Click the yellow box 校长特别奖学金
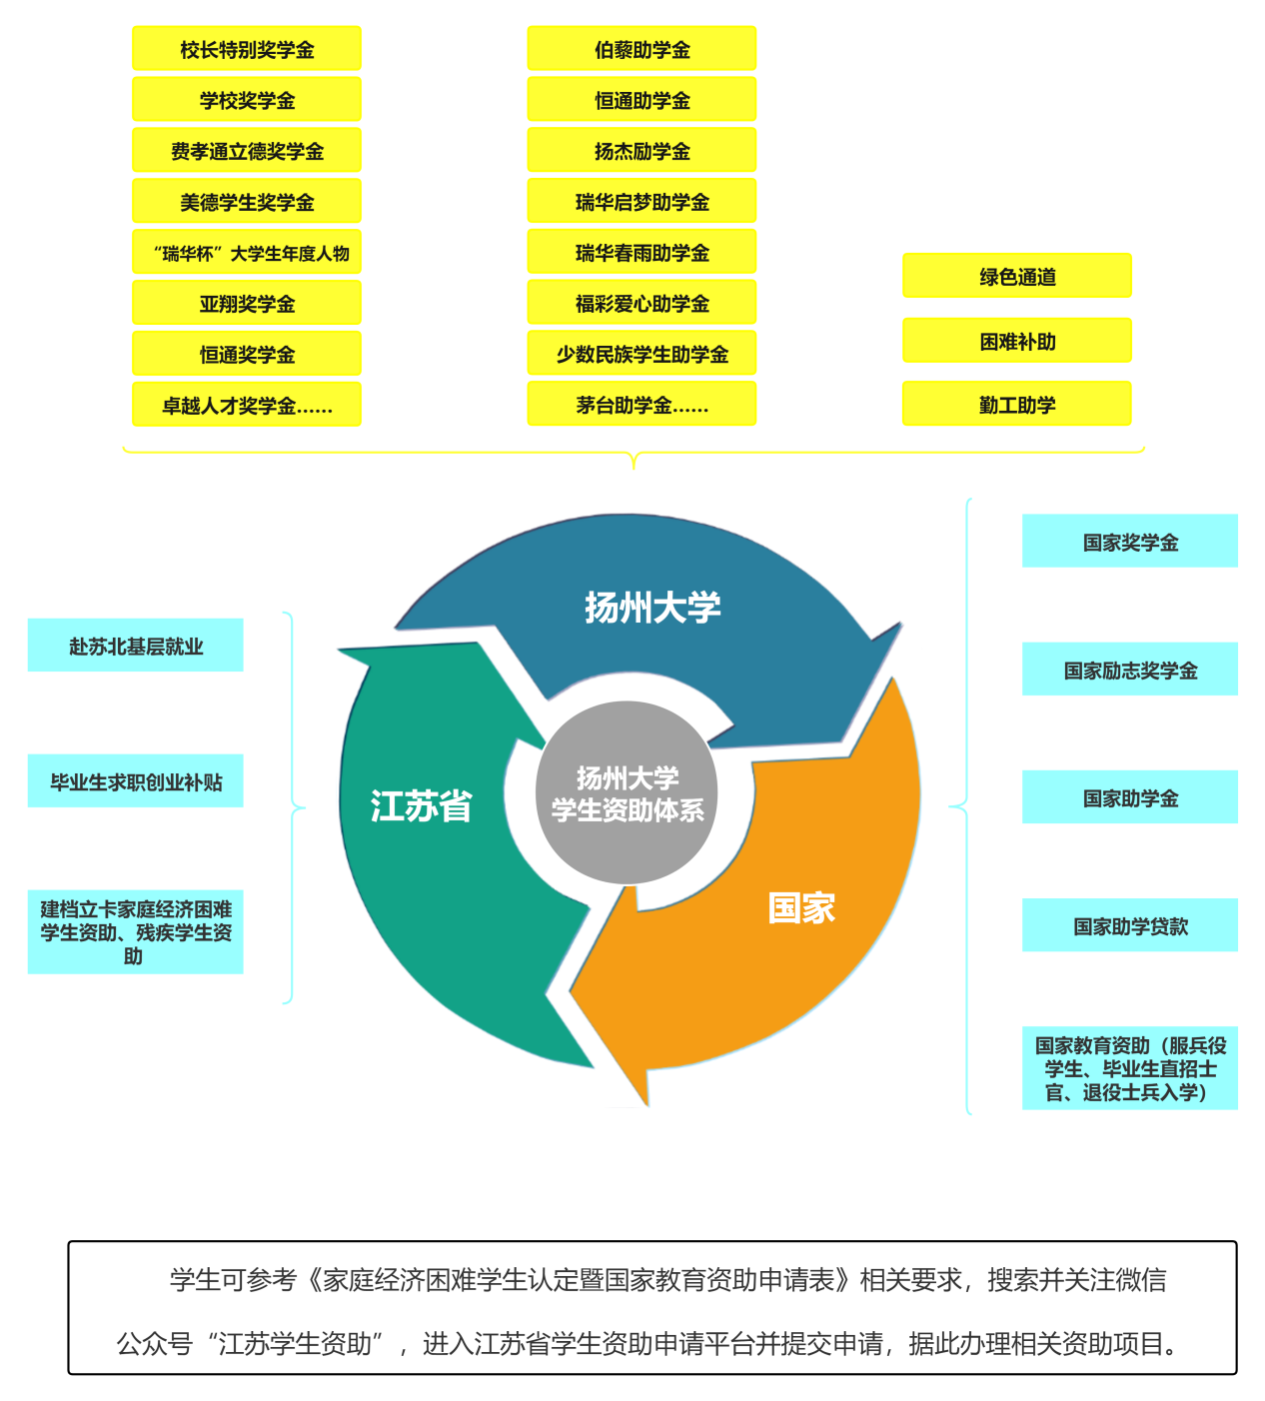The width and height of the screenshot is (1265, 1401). click(x=247, y=49)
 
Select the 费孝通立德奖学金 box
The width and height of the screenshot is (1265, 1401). click(x=247, y=151)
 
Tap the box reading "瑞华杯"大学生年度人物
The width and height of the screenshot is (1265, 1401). click(x=247, y=253)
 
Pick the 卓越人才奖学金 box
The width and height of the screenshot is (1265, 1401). click(x=247, y=405)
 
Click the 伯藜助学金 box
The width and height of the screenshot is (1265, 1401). click(x=641, y=49)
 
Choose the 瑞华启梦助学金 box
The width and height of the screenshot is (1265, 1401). click(x=641, y=202)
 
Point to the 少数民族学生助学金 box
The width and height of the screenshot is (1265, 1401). click(x=641, y=354)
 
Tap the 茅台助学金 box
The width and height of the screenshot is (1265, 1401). click(x=641, y=405)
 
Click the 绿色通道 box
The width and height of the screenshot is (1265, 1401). click(x=1017, y=277)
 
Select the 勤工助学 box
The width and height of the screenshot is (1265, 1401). click(x=1017, y=405)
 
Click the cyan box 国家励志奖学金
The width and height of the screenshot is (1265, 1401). click(x=1130, y=670)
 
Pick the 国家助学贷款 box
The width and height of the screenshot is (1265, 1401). click(x=1130, y=925)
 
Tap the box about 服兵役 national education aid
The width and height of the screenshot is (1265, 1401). click(x=1130, y=1068)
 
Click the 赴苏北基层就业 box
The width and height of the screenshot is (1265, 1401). click(x=135, y=646)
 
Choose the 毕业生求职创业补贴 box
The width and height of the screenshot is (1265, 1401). click(x=135, y=781)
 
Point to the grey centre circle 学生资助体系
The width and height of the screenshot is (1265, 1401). click(x=628, y=793)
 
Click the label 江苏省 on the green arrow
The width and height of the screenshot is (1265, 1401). click(x=421, y=805)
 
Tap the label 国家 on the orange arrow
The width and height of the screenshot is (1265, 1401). click(x=801, y=907)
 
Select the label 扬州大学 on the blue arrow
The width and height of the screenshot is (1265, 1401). click(x=652, y=607)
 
